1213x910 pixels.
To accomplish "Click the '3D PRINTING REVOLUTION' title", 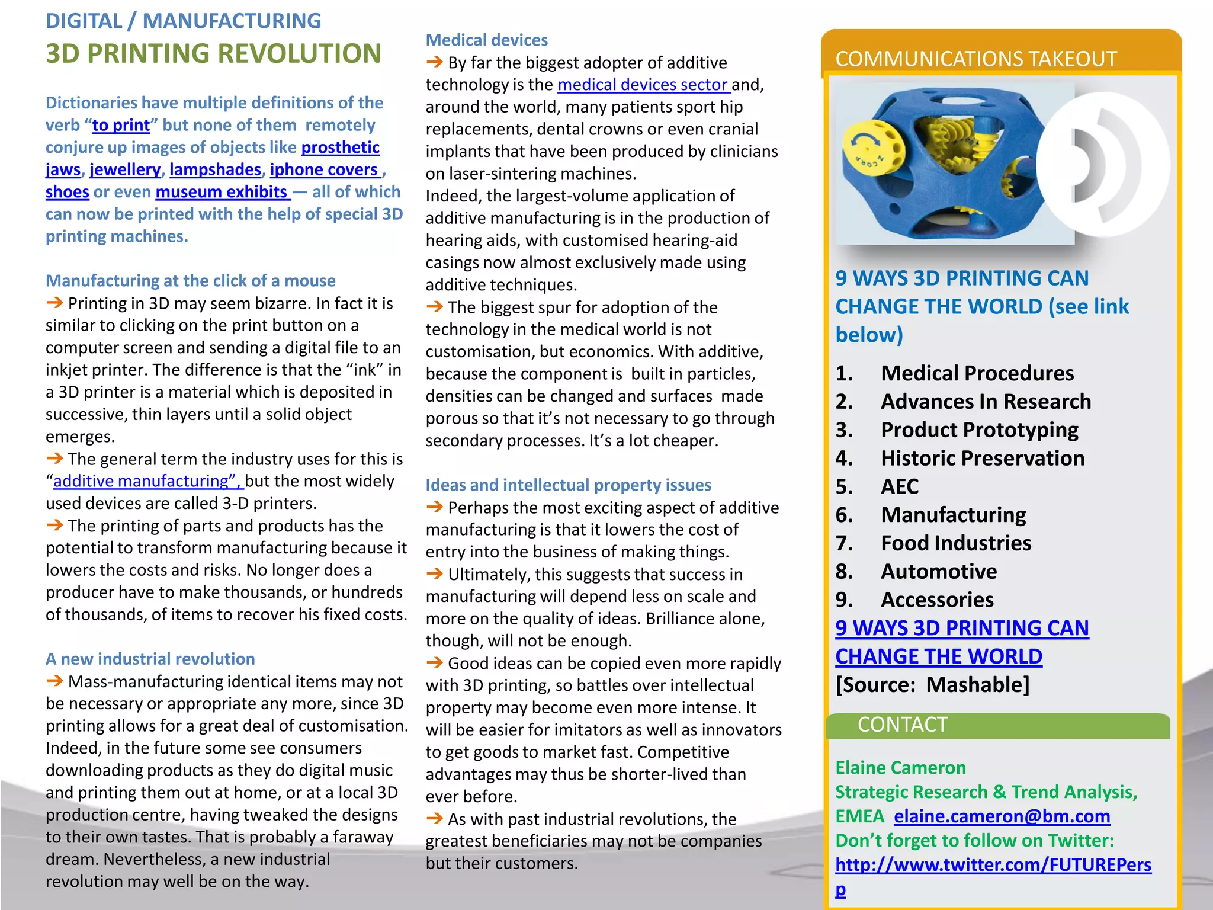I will coord(213,53).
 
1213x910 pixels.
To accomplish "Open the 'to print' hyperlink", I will coord(121,126).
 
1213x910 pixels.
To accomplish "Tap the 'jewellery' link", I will coord(125,170).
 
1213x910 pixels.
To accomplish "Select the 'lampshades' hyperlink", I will coord(215,170).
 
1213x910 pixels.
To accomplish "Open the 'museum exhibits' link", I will coord(222,192).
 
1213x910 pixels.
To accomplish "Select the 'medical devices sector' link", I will coord(643,85).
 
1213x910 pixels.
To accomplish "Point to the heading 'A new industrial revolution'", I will coord(150,659).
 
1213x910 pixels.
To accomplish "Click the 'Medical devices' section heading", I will coord(487,40).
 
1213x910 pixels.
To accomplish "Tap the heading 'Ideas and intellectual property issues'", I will coord(568,485).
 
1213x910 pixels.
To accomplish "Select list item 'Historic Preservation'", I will coord(982,458).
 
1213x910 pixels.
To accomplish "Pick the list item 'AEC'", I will coord(900,486).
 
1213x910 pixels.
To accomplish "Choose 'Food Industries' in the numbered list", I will coord(955,543).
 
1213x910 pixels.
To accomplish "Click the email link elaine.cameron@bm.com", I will coord(1002,816).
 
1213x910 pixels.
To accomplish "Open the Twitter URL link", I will coord(993,865).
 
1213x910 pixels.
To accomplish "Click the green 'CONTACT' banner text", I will coord(902,725).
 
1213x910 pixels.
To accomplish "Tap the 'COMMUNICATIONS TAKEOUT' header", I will coord(975,59).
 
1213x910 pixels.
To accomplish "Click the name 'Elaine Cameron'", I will coord(900,768).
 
